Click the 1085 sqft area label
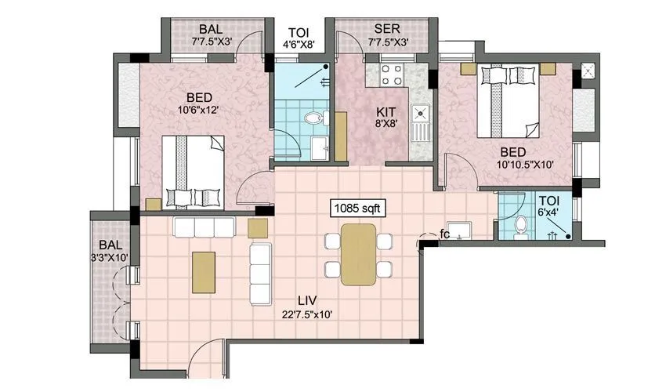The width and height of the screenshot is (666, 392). [357, 209]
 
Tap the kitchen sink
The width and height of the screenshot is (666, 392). [422, 121]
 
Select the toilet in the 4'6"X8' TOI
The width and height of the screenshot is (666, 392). [313, 119]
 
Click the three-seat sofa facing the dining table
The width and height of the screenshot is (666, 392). [259, 274]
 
